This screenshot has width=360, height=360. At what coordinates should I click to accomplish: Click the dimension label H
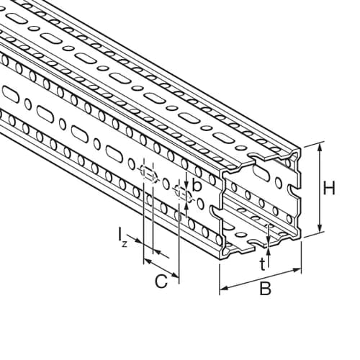pyautogui.click(x=329, y=189)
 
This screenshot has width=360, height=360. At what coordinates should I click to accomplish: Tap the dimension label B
pyautogui.click(x=265, y=289)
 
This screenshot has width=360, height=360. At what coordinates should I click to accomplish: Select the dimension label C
pyautogui.click(x=161, y=282)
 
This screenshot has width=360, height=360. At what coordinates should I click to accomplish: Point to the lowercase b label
pyautogui.click(x=197, y=185)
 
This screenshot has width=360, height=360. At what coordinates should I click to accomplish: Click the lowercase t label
pyautogui.click(x=263, y=264)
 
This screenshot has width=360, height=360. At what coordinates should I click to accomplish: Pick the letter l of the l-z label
pyautogui.click(x=120, y=234)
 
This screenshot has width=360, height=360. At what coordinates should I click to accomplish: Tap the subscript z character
pyautogui.click(x=124, y=244)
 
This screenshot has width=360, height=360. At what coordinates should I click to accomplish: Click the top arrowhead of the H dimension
pyautogui.click(x=320, y=147)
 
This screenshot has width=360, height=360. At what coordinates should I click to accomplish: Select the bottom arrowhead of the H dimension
pyautogui.click(x=320, y=228)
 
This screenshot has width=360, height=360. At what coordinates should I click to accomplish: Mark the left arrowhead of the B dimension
pyautogui.click(x=224, y=288)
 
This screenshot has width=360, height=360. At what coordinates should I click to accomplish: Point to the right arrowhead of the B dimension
pyautogui.click(x=297, y=271)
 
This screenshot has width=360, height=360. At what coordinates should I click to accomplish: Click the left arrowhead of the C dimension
pyautogui.click(x=147, y=261)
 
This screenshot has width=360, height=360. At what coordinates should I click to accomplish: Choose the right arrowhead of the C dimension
pyautogui.click(x=175, y=274)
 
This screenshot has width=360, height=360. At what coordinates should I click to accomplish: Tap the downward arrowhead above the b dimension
pyautogui.click(x=186, y=184)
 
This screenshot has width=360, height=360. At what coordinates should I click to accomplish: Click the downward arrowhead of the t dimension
pyautogui.click(x=269, y=240)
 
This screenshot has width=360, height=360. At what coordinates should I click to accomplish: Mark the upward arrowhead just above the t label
pyautogui.click(x=269, y=253)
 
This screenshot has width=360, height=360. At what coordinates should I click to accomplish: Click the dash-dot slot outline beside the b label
pyautogui.click(x=183, y=194)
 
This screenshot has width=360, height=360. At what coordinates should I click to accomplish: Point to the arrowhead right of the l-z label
pyautogui.click(x=157, y=252)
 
